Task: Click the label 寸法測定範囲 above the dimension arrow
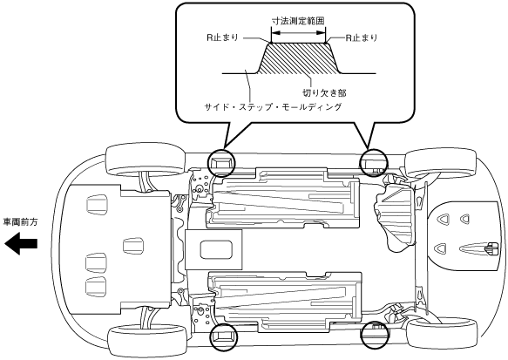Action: click(x=298, y=21)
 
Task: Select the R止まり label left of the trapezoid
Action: click(x=222, y=37)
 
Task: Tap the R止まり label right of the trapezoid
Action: click(x=362, y=37)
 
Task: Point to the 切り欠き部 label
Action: click(x=324, y=93)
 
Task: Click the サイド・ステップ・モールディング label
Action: click(x=273, y=106)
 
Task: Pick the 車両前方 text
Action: click(x=20, y=222)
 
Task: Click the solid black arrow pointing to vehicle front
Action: click(x=21, y=244)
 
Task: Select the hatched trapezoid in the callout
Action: click(x=298, y=58)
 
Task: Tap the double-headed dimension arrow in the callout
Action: click(x=298, y=32)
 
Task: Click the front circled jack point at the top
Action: click(x=221, y=163)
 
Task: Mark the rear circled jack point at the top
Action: click(x=374, y=163)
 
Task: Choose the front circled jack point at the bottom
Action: click(x=224, y=336)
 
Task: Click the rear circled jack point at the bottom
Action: click(x=375, y=335)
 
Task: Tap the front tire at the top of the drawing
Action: click(x=146, y=160)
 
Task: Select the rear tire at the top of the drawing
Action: click(x=441, y=163)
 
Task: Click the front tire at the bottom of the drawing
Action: click(x=147, y=340)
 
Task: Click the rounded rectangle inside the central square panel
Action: click(x=216, y=249)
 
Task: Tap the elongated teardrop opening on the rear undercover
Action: click(x=476, y=248)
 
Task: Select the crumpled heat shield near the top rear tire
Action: click(x=394, y=214)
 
